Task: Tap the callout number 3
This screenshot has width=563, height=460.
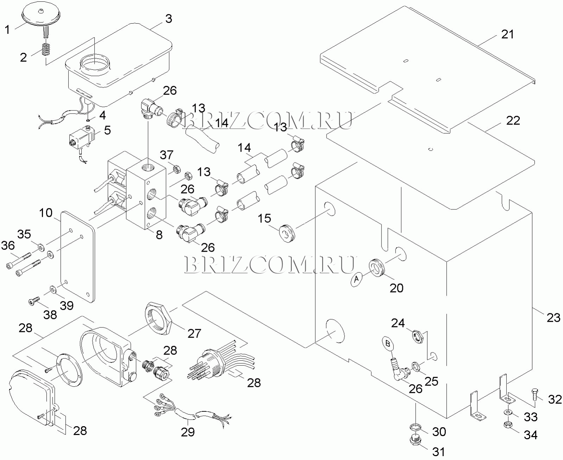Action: [x=169, y=19]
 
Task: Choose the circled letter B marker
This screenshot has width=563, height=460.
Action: [x=388, y=344]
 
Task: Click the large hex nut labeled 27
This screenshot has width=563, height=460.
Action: [x=158, y=317]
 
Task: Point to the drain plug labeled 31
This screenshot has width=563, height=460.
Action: [x=416, y=440]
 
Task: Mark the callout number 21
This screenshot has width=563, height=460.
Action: [x=507, y=34]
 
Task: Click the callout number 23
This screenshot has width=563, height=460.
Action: [x=553, y=317]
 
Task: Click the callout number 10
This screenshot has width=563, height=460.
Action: [x=46, y=213]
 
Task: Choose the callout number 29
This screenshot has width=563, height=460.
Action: [x=188, y=432]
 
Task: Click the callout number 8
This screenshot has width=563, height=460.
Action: [x=159, y=235]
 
